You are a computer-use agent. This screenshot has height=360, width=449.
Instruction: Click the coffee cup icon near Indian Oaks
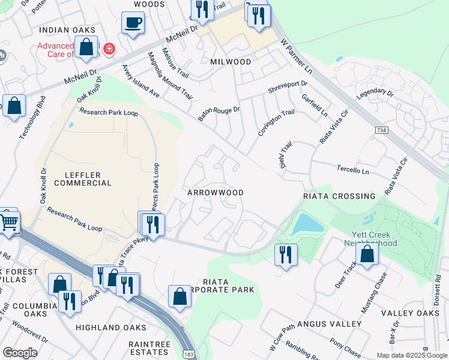click(x=132, y=23)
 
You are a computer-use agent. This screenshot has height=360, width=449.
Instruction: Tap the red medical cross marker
click(x=109, y=49)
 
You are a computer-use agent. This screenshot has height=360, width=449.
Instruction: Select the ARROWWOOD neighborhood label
click(x=215, y=193)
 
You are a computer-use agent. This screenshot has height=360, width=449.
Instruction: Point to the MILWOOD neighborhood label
click(x=231, y=62)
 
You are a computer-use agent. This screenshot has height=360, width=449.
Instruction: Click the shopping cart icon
click(x=8, y=222)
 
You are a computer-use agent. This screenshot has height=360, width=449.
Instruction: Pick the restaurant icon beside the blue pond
click(x=286, y=254)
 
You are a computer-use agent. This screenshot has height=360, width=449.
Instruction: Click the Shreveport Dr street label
click(x=288, y=85)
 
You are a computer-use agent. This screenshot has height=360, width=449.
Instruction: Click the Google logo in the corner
click(x=20, y=353)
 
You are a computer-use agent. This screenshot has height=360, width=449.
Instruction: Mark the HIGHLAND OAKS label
click(x=111, y=328)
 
